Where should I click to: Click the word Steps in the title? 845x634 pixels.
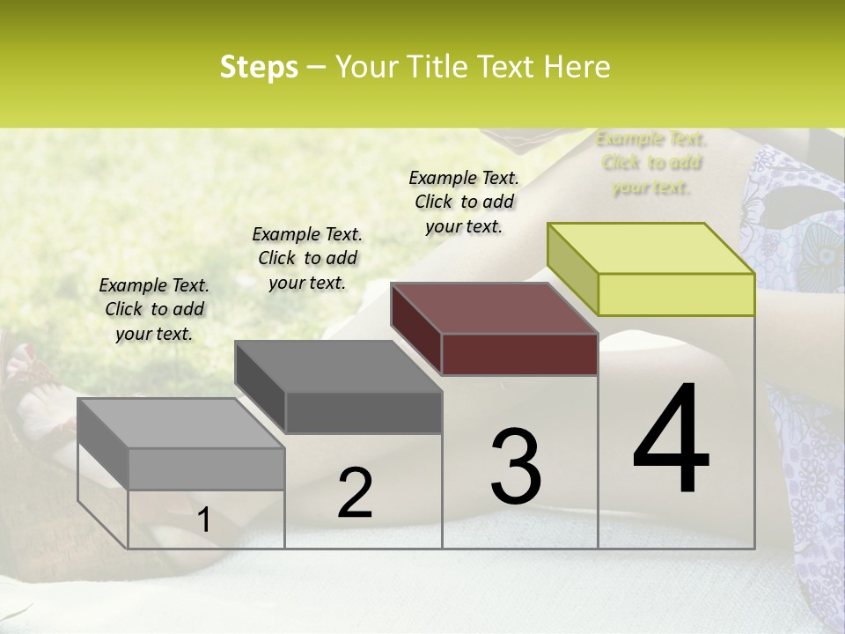tap(259, 67)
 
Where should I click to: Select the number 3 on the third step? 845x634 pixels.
tap(515, 467)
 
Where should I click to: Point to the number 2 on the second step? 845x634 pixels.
tap(356, 493)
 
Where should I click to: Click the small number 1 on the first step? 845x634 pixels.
tap(203, 520)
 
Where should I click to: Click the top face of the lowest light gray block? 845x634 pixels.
tap(181, 424)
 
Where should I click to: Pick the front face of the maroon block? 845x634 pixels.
tap(519, 354)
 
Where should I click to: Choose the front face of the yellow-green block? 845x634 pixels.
tap(676, 294)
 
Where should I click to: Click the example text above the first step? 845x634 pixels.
tap(154, 310)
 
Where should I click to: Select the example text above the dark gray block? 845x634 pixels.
tap(307, 258)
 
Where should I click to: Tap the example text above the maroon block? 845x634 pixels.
tap(464, 202)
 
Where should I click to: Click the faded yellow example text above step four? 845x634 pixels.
tap(651, 163)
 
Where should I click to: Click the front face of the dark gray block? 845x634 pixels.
tap(364, 412)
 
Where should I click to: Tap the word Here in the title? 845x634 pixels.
tap(577, 67)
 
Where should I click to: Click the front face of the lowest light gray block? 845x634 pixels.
tap(207, 468)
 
